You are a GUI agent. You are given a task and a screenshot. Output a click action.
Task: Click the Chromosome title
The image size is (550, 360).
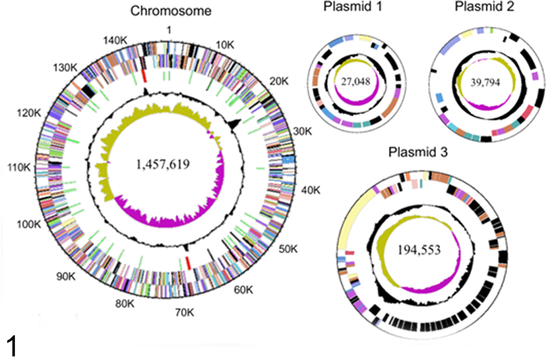coord(171,11)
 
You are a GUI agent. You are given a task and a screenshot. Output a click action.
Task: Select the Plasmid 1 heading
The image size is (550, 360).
coord(353,6)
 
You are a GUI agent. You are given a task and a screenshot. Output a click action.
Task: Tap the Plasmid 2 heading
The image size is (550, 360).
coord(484,6)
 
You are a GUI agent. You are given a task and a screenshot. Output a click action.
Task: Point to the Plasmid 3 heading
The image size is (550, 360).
coord(418,152)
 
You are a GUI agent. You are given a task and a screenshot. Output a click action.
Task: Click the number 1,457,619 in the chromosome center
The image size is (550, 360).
coord(163,164)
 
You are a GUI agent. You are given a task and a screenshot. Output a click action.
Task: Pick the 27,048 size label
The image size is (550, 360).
coord(355,82)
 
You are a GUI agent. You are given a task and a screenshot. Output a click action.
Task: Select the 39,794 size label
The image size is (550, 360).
coord(485,83)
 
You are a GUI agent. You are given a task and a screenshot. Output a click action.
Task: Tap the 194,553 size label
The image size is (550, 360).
coord(419,250)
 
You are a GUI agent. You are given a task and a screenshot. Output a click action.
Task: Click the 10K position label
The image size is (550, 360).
coord(225,45)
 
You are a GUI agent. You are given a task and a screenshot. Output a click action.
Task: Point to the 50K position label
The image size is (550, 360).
coord(288,249)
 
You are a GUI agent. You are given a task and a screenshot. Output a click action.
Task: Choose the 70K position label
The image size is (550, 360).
coord(185,312)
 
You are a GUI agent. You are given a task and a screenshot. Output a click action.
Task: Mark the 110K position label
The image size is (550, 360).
coord(19,168)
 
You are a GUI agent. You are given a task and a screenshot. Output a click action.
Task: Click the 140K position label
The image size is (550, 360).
coord(115,41)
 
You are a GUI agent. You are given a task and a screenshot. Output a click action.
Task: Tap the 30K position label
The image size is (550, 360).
coord(302,131)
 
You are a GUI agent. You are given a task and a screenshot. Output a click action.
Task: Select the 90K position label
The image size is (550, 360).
coord(66,276)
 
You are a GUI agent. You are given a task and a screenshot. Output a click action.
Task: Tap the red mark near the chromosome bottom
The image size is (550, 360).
coord(188,263)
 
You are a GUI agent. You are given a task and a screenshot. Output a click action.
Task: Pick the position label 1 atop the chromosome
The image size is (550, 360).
coord(169,30)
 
